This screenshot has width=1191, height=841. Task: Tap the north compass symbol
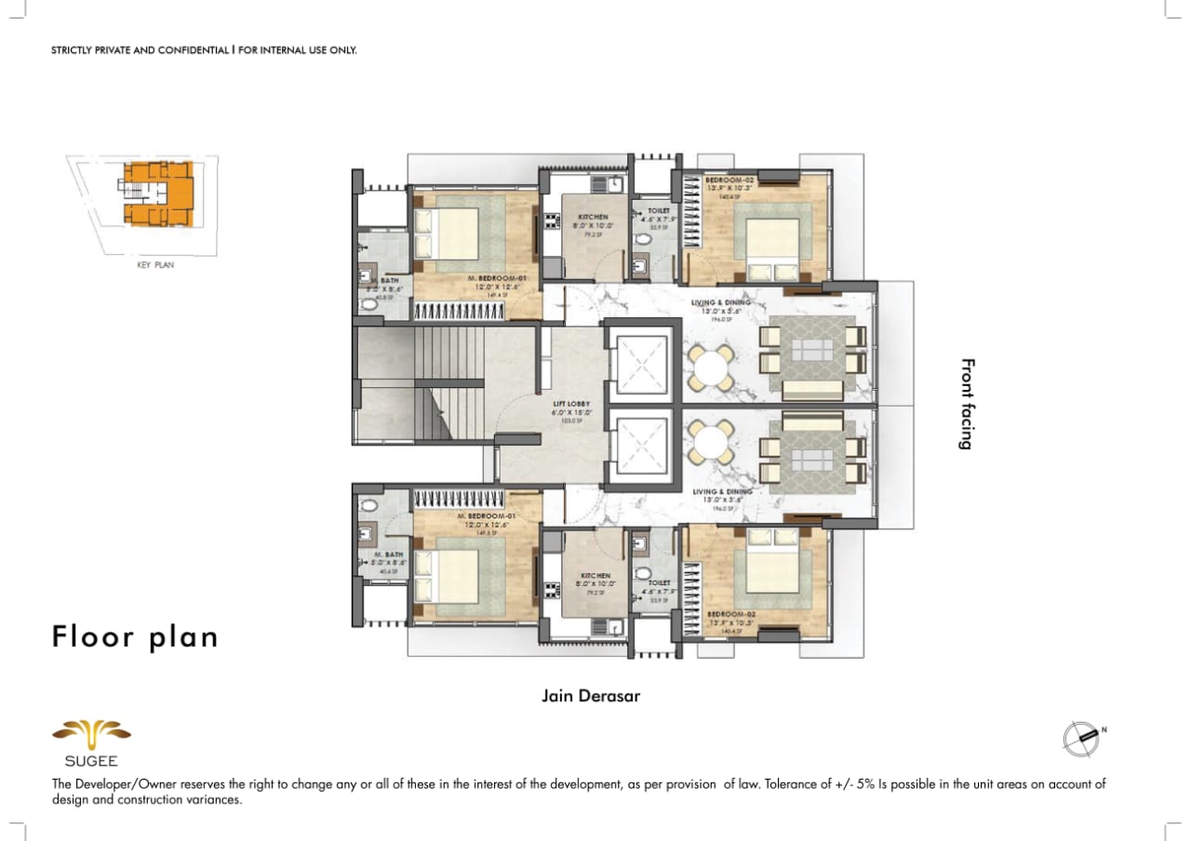[x=1080, y=737]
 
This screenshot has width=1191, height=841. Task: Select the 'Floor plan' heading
[x=135, y=637]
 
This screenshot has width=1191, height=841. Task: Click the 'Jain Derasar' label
[x=591, y=696]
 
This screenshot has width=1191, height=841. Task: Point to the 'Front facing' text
[x=966, y=404]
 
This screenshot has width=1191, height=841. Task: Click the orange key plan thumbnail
[x=158, y=194]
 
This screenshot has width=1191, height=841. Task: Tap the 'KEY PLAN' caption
[x=155, y=265]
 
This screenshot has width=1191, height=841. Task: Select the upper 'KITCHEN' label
[x=593, y=216]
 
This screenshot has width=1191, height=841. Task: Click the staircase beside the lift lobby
[x=447, y=381]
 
